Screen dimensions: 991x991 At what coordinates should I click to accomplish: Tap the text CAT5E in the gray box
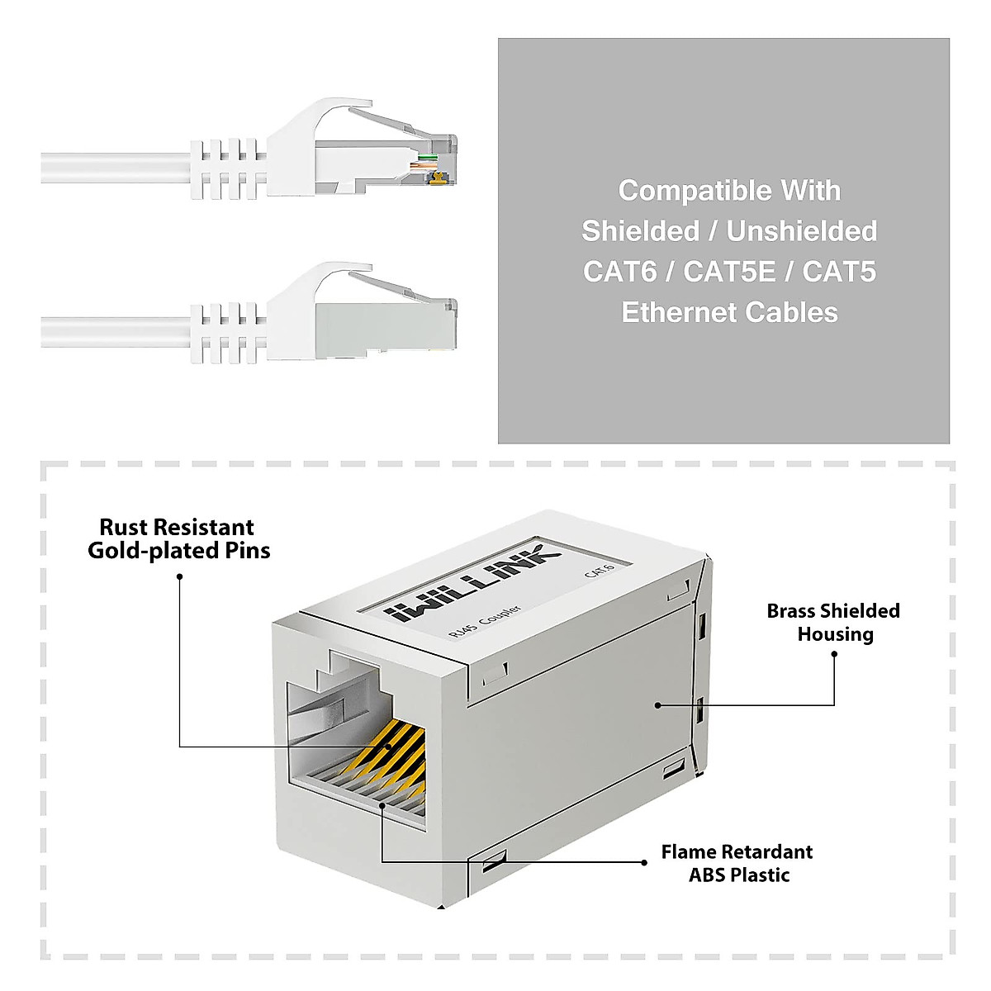[x=729, y=272]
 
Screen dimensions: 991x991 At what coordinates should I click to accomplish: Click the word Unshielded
[x=801, y=231]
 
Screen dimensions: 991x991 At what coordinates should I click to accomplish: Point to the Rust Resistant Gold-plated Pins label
[x=178, y=539]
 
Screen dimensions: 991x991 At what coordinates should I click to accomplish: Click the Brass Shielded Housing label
[x=833, y=623]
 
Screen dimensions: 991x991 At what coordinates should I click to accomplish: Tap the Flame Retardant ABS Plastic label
[x=737, y=863]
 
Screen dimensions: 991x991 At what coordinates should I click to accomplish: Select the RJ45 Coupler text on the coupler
[x=485, y=622]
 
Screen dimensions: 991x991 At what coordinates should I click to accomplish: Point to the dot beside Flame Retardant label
[x=644, y=862]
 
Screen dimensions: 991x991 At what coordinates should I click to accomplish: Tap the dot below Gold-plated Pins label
[x=179, y=576]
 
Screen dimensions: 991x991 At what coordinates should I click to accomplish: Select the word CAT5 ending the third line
[x=839, y=272]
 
